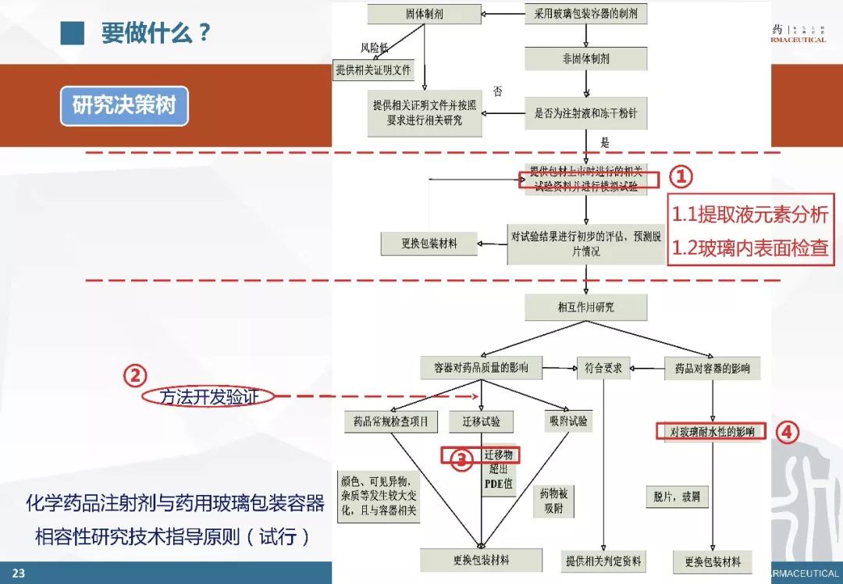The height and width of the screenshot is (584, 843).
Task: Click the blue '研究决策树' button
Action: coord(124,106)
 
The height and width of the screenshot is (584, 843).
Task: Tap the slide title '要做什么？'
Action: coord(156,33)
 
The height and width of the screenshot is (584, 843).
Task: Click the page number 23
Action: coord(18,574)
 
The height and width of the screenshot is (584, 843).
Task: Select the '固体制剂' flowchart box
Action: coord(424,14)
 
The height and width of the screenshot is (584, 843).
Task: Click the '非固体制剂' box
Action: coord(586,59)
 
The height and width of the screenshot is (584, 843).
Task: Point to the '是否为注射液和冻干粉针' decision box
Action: coord(585,113)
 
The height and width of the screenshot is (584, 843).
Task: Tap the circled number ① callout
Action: coord(680,177)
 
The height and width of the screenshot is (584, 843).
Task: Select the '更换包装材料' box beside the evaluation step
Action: coord(429,244)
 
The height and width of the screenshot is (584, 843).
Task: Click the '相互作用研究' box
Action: coord(586,307)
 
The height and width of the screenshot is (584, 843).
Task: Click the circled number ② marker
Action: coord(134,376)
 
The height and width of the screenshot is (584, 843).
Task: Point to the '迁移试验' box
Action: coord(481,422)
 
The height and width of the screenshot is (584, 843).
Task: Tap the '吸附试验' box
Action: coord(567,422)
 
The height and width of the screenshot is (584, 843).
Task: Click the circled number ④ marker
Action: coord(788,432)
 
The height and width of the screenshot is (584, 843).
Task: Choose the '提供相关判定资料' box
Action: coord(603,561)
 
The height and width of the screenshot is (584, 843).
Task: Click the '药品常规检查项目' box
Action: coord(391,422)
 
